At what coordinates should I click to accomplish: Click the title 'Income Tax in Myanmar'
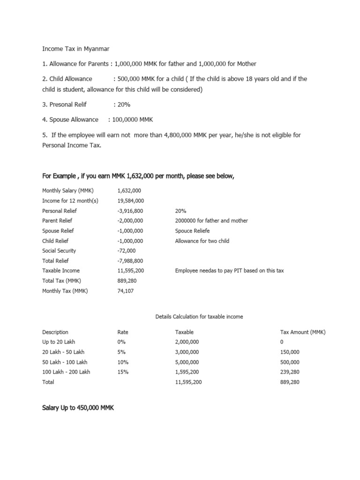[75, 48]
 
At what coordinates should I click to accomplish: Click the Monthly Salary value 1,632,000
[129, 191]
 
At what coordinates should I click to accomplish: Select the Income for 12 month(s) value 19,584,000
[130, 201]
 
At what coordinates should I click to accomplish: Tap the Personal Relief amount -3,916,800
[130, 211]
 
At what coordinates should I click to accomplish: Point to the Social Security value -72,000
[127, 251]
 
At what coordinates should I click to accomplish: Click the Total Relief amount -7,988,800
[130, 261]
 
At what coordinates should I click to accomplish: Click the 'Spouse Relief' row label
[58, 231]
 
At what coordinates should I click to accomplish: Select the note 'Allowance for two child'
[202, 241]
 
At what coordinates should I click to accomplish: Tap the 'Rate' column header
[123, 332]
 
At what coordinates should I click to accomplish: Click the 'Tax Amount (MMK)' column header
[302, 332]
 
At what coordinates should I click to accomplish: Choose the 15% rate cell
[123, 372]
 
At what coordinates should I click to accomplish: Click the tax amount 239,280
[290, 372]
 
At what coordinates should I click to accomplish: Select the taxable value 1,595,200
[187, 372]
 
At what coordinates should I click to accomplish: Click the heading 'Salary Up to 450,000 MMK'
[78, 408]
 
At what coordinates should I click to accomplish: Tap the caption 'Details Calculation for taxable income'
[199, 317]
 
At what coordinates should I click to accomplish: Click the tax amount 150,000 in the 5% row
[290, 352]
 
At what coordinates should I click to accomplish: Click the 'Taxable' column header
[184, 332]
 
